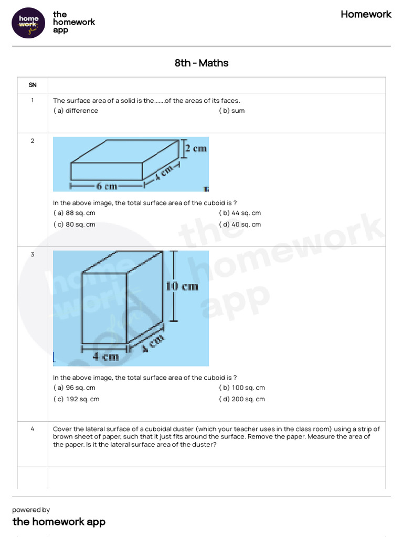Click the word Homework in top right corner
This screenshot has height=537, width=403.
(366, 14)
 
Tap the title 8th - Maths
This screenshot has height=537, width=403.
(201, 63)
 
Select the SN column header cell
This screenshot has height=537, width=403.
(32, 85)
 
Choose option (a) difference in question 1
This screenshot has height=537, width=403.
(76, 111)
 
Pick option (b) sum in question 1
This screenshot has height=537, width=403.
(232, 111)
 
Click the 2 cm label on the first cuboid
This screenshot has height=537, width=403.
(195, 148)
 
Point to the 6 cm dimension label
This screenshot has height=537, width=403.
(107, 186)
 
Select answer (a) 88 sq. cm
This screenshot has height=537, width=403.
(75, 213)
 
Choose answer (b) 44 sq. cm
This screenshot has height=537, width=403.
(240, 213)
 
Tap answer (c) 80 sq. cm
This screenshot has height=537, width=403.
(75, 224)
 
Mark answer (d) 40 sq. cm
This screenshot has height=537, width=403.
(240, 224)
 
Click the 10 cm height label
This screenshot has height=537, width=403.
(182, 286)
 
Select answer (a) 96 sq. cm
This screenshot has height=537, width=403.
(75, 388)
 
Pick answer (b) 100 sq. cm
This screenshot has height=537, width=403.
(242, 388)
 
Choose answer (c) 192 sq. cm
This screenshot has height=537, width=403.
(76, 399)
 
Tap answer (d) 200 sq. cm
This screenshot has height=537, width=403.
(242, 399)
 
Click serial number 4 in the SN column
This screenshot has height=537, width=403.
(32, 429)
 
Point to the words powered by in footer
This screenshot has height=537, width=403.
(31, 510)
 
